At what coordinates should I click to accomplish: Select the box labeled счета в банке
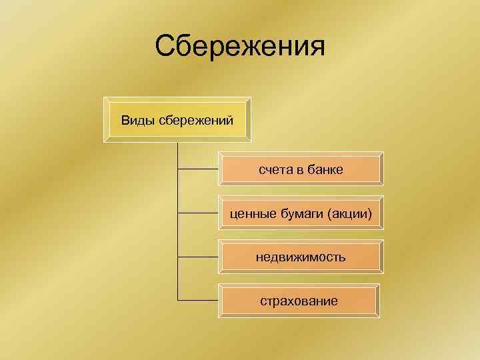301,170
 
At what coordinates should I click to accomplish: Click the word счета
275,170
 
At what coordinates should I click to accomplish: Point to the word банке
325,170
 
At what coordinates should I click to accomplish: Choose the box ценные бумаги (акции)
301,213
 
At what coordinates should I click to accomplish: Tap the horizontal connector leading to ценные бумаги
198,213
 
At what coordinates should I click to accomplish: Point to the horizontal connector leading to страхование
198,300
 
